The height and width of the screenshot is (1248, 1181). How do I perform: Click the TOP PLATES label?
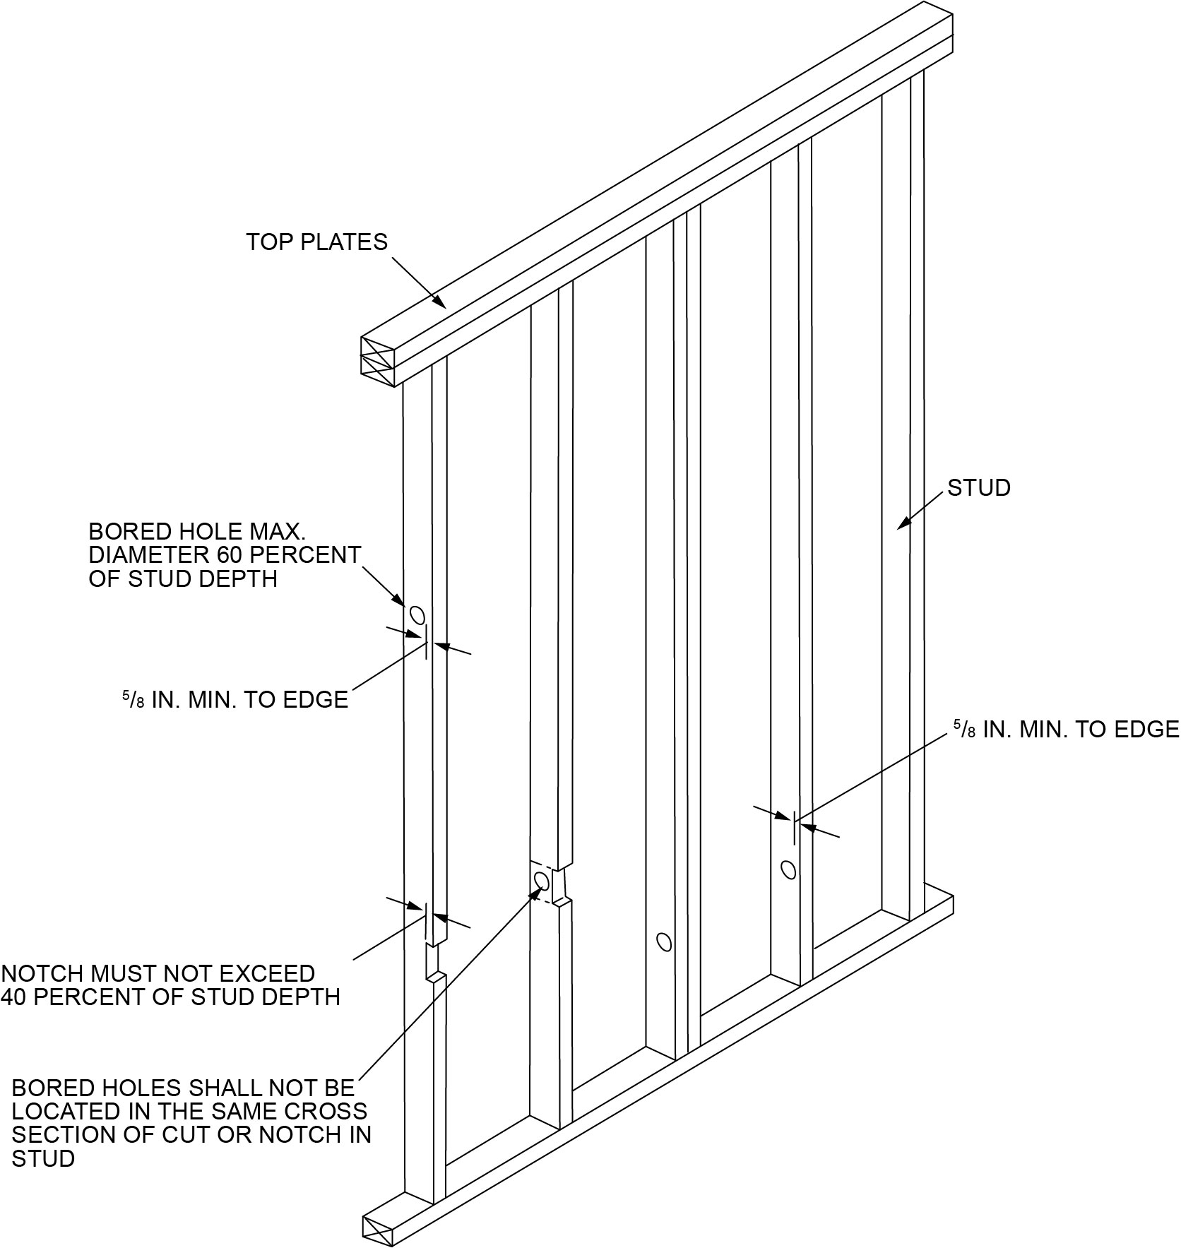click(316, 242)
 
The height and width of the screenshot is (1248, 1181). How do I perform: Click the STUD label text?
click(978, 488)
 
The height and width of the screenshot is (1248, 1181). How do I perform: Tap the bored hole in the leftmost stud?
click(417, 614)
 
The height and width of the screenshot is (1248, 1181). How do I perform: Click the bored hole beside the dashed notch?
click(542, 881)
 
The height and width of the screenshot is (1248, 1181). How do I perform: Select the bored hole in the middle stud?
click(663, 941)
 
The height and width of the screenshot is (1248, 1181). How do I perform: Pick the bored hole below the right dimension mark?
click(788, 869)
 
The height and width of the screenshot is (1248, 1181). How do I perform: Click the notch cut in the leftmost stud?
click(432, 961)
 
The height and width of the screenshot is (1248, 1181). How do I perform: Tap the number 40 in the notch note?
click(16, 997)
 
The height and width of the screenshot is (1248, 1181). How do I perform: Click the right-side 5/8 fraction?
click(965, 729)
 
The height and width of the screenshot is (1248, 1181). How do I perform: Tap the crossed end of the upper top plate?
click(377, 346)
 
